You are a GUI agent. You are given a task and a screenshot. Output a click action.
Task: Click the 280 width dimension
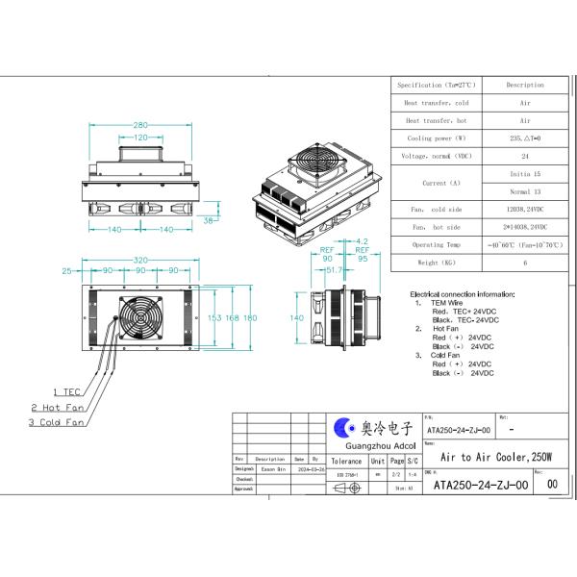pyautogui.click(x=141, y=125)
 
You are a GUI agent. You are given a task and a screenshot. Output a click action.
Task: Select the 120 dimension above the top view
pyautogui.click(x=141, y=138)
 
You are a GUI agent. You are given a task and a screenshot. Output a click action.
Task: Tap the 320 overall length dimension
pyautogui.click(x=141, y=260)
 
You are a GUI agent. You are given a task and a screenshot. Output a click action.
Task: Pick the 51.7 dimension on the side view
pyautogui.click(x=334, y=271)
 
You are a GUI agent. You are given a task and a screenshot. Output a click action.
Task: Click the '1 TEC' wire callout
pyautogui.click(x=66, y=391)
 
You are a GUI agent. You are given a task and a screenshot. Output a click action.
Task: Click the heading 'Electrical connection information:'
pyautogui.click(x=463, y=293)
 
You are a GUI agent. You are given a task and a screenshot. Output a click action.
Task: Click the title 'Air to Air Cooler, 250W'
pyautogui.click(x=495, y=460)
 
